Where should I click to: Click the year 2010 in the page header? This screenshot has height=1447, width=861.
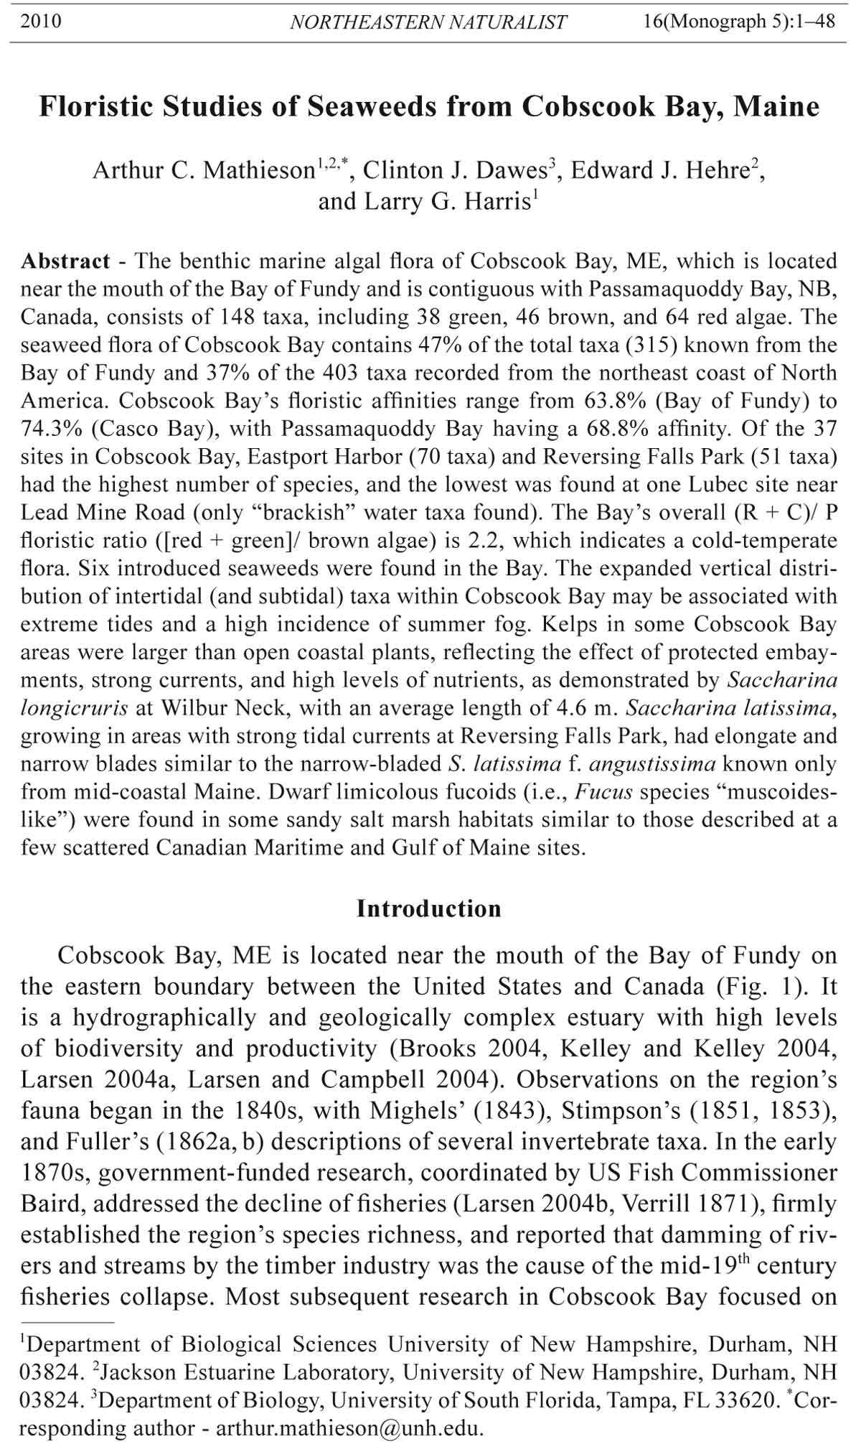coord(41,22)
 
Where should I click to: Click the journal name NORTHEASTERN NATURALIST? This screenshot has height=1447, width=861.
coord(428,22)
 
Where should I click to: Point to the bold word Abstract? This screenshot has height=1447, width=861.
coord(65,261)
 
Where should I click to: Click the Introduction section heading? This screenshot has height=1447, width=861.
coord(429,908)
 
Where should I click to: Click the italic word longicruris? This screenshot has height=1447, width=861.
coord(74,708)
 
